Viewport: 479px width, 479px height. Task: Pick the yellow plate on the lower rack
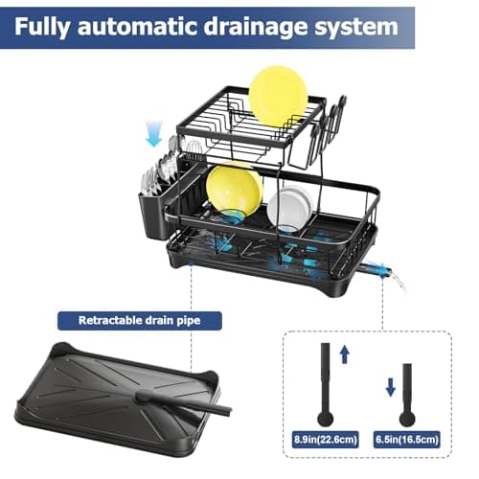pyautogui.click(x=234, y=189)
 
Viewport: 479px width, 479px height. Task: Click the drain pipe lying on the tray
pyautogui.click(x=187, y=400)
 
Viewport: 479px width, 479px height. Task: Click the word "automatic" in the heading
pyautogui.click(x=155, y=26)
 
